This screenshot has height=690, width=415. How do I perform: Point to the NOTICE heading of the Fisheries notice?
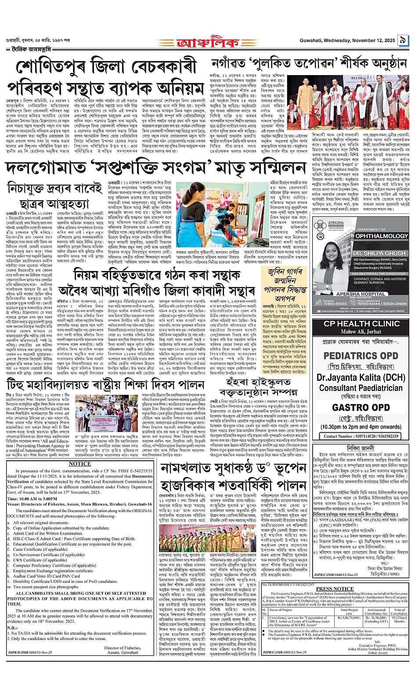pos(79,463)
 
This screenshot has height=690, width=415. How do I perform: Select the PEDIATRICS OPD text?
pos(361,354)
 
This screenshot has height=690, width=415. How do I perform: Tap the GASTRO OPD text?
pos(361,408)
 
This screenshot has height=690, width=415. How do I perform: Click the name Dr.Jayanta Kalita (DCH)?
pos(361,377)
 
